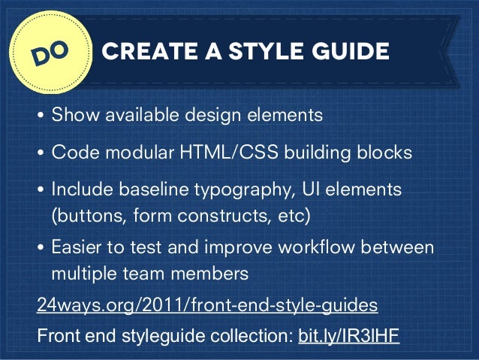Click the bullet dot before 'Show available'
pyautogui.click(x=41, y=116)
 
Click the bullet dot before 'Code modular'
pyautogui.click(x=41, y=153)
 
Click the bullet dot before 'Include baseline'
pyautogui.click(x=41, y=190)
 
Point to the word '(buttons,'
pyautogui.click(x=85, y=216)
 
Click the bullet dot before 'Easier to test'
pyautogui.click(x=41, y=247)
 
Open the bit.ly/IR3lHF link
pyautogui.click(x=348, y=334)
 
